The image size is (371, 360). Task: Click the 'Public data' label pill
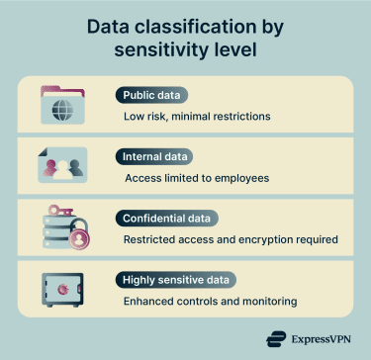click(152, 96)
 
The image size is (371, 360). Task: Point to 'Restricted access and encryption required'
click(232, 239)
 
